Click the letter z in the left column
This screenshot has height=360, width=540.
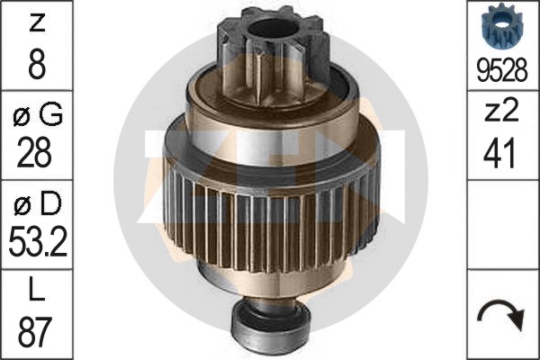click(x=37, y=24)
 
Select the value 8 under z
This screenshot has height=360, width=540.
click(x=37, y=65)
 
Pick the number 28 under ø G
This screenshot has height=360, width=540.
click(x=34, y=152)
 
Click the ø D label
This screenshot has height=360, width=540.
click(x=38, y=203)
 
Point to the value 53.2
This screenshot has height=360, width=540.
click(x=38, y=241)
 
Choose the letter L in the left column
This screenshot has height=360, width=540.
click(x=36, y=291)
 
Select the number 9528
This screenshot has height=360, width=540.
click(x=502, y=70)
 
